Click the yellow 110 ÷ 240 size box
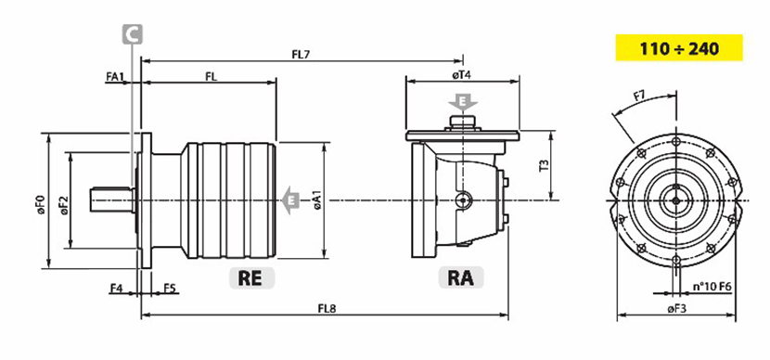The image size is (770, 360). [x=679, y=47]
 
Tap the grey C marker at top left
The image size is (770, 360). [x=132, y=34]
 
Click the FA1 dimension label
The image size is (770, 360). [x=115, y=76]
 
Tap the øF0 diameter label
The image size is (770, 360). [x=40, y=205]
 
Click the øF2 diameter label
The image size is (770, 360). [x=64, y=205]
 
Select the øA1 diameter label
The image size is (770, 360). [x=316, y=200]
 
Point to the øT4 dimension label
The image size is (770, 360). [x=462, y=75]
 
